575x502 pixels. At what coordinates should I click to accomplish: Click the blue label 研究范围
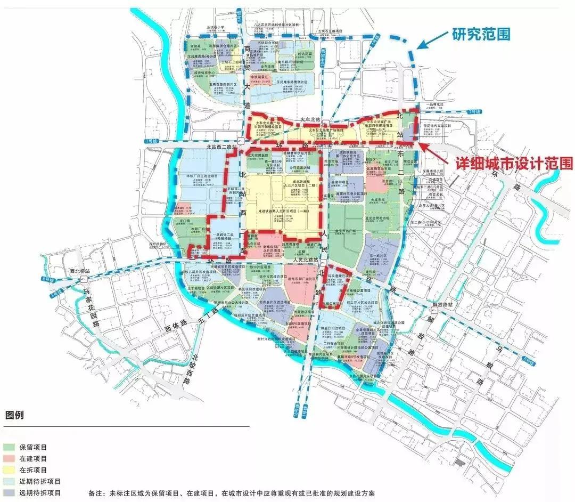481,35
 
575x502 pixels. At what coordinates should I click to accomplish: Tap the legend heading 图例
14,414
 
